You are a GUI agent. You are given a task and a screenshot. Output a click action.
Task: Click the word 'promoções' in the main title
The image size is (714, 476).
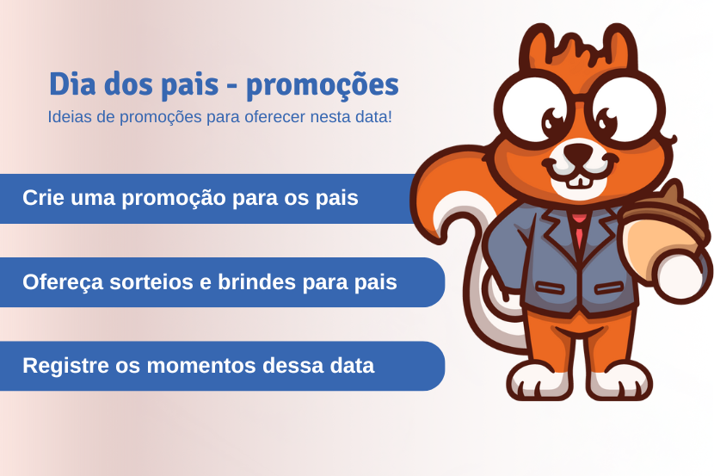(x=323, y=86)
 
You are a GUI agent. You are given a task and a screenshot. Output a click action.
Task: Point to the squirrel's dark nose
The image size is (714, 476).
(x=579, y=153)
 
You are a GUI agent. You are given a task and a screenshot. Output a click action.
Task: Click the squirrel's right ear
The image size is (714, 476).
(x=619, y=47)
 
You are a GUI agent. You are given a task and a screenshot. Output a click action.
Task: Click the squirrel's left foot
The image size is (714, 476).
(x=539, y=380)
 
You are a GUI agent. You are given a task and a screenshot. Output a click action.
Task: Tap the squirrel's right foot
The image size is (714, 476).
(x=619, y=380)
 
